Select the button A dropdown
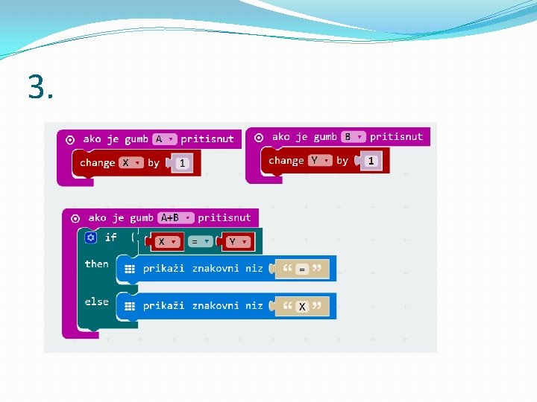tap(164, 139)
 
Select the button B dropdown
tap(353, 137)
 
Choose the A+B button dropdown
tap(177, 218)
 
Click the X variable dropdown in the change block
tap(131, 162)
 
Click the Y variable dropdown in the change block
tap(319, 160)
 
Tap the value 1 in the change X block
tap(182, 163)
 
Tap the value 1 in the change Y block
tap(371, 161)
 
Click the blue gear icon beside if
tap(91, 237)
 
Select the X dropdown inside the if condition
tap(166, 242)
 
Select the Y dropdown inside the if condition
tap(237, 242)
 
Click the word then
tap(96, 264)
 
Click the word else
tap(96, 301)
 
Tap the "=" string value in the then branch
tap(302, 269)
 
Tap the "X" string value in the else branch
tap(302, 306)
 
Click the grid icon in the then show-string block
tap(130, 269)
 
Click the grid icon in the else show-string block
tap(130, 306)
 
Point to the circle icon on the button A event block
tap(70, 139)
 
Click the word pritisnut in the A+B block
tap(224, 218)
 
